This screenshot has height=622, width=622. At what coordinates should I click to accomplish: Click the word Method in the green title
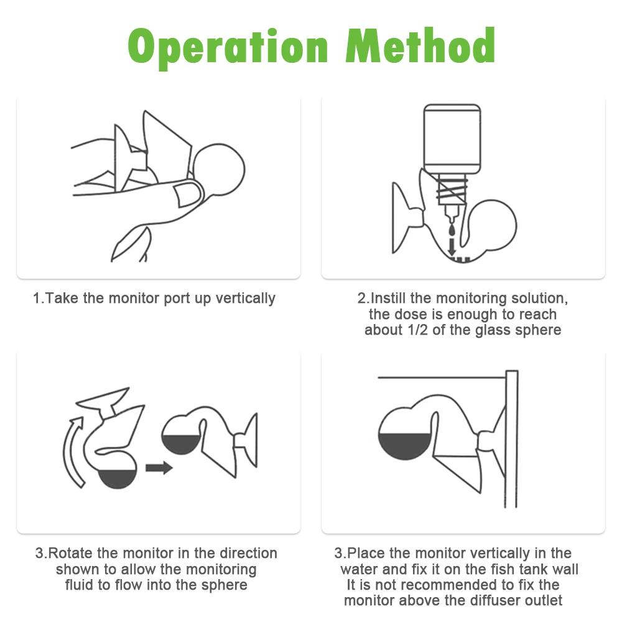tap(420, 45)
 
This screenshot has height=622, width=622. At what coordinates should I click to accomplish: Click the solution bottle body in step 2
tap(452, 139)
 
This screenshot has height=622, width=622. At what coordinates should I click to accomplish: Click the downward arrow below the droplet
tap(452, 248)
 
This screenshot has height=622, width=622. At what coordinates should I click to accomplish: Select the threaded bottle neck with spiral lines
tap(452, 190)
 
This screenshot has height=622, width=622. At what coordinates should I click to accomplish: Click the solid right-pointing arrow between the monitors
tap(159, 468)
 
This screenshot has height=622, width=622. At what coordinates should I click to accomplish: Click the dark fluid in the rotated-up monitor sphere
tap(182, 444)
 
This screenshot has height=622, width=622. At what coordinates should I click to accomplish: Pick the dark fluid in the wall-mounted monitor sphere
tap(405, 446)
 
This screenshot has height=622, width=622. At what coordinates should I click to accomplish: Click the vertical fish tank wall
tap(512, 439)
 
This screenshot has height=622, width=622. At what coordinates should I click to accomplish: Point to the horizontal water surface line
tap(442, 378)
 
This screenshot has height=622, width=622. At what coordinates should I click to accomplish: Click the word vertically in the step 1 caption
tap(245, 299)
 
